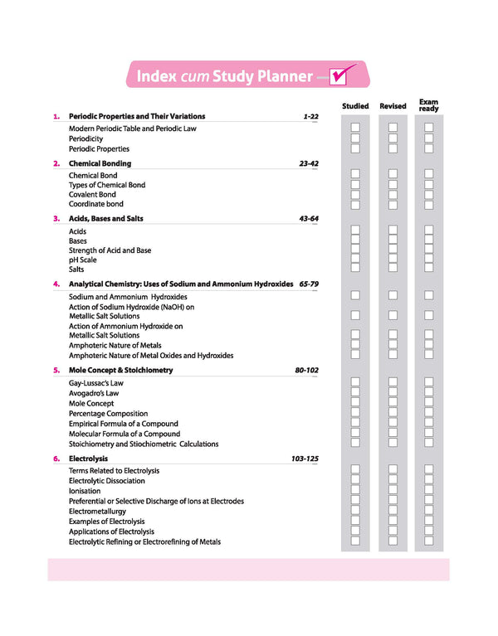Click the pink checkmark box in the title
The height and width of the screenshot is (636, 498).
(339, 76)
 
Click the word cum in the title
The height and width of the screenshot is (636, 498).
(194, 77)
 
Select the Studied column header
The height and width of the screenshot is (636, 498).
(355, 106)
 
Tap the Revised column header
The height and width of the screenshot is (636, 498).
(393, 106)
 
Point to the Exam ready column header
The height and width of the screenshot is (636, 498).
(429, 105)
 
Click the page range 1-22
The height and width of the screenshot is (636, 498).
(310, 117)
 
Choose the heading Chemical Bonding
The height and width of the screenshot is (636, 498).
(100, 164)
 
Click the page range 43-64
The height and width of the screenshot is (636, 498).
(308, 219)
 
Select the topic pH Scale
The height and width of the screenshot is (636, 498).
(83, 260)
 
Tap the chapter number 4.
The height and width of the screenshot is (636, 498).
(56, 284)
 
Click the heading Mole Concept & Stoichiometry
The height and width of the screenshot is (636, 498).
(120, 370)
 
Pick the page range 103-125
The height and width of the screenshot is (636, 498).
(305, 458)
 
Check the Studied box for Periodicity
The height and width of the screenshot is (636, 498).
(355, 138)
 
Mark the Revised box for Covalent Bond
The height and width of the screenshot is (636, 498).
(393, 194)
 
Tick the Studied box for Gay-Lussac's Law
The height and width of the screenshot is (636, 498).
(355, 383)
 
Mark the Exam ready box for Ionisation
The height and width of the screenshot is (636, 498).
(429, 490)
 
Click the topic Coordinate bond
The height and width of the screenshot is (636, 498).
(96, 204)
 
